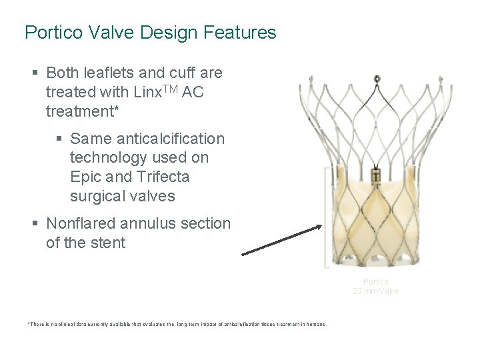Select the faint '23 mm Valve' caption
point(377,291)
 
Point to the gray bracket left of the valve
point(326,217)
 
